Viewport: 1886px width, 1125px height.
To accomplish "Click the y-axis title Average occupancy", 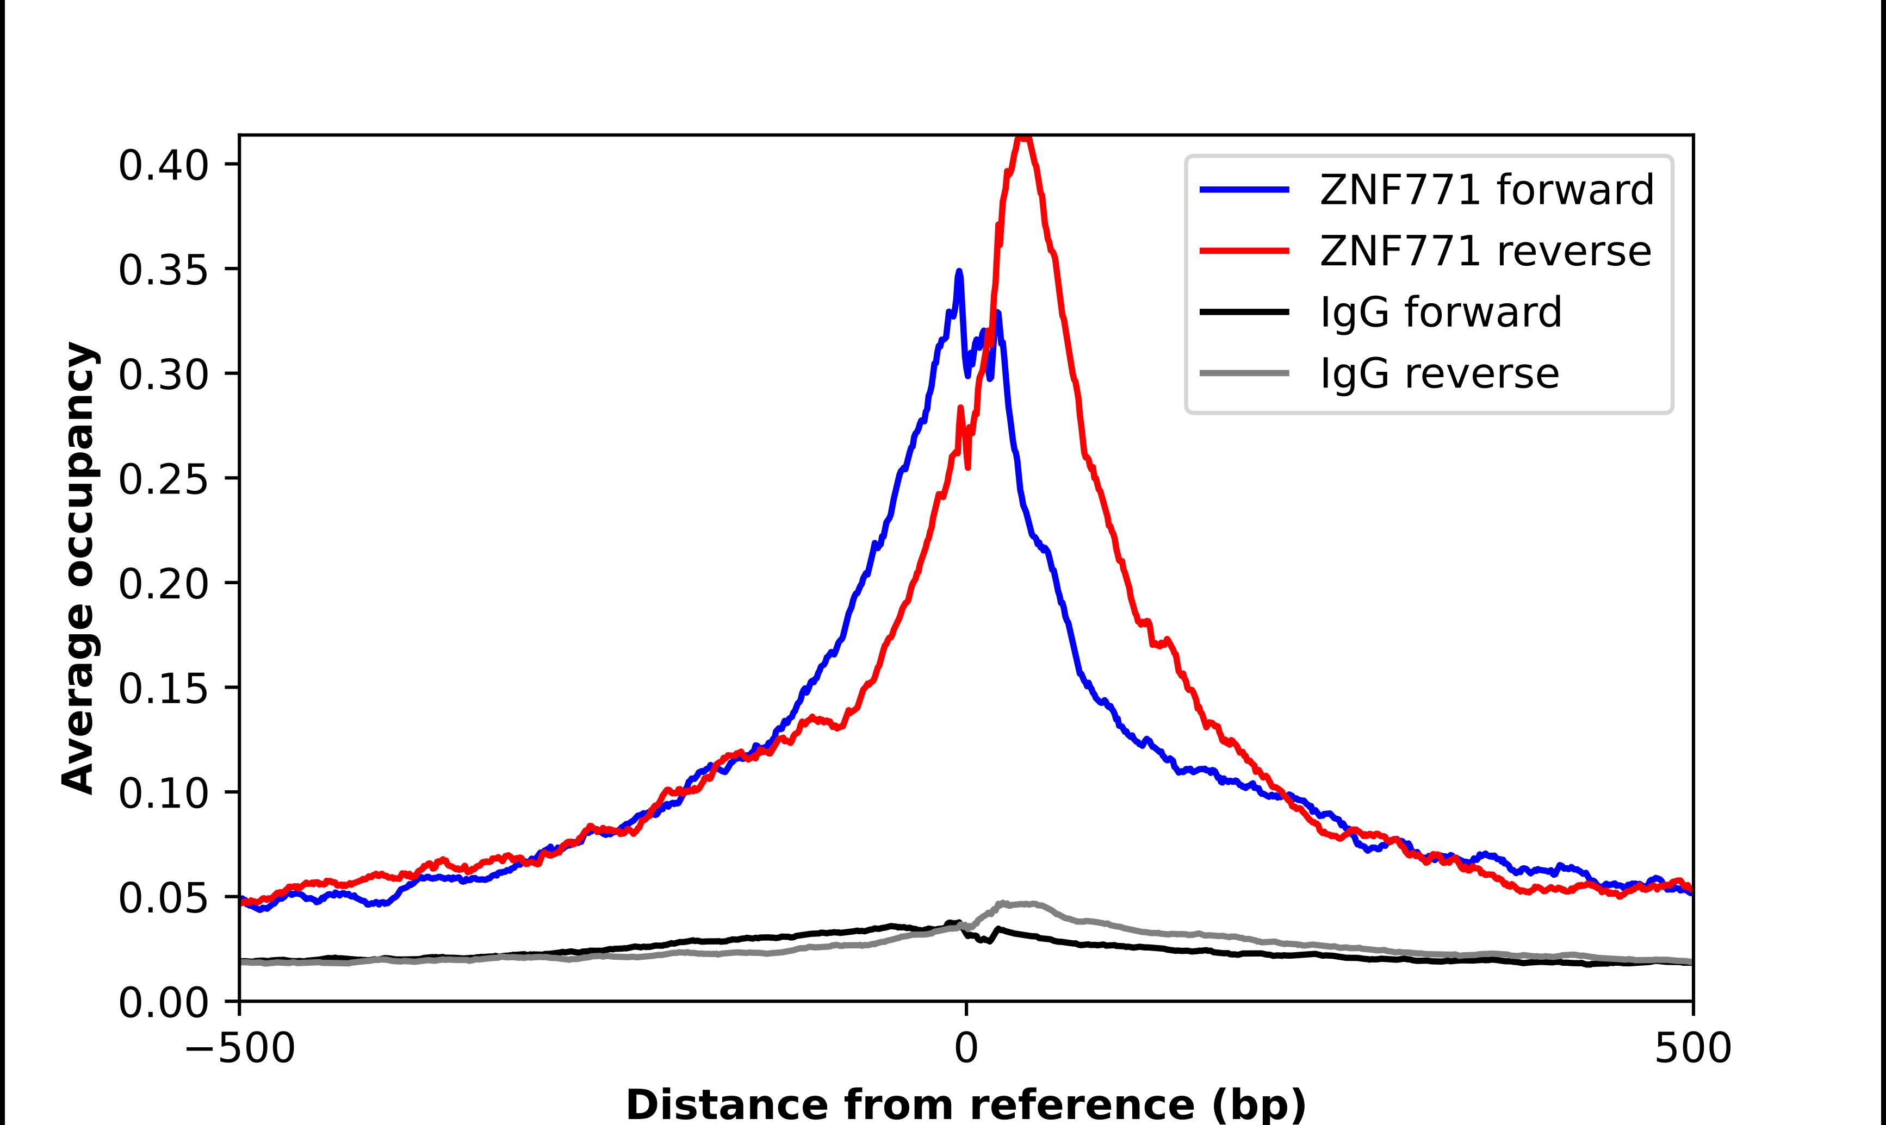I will tap(79, 567).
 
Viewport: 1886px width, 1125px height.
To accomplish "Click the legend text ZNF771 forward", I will tap(1486, 190).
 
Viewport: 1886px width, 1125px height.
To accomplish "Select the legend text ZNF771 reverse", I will tap(1485, 251).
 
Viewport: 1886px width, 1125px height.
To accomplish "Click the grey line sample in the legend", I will tap(1244, 373).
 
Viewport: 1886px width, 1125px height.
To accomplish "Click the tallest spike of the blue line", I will tap(959, 271).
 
